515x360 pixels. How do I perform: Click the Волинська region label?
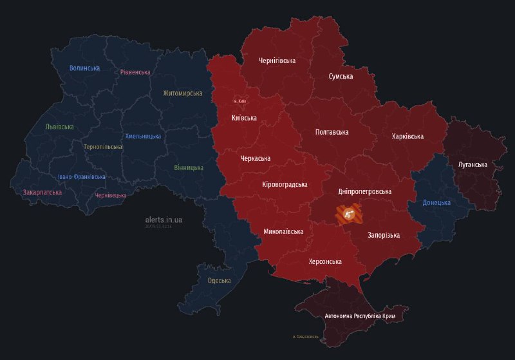(85, 68)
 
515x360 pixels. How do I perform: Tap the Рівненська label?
(135, 72)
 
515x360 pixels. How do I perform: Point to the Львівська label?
(59, 127)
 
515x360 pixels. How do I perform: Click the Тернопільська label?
(102, 147)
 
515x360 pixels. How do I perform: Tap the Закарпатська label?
(42, 192)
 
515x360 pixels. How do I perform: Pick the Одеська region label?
(220, 281)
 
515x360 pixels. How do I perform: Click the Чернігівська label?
(277, 61)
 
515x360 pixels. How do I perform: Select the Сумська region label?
(341, 77)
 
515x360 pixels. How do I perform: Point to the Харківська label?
(407, 137)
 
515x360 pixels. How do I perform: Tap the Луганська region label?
(473, 164)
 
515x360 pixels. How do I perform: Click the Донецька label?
(437, 203)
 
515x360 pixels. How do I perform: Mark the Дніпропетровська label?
(364, 191)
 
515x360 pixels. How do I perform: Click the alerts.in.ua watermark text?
(164, 220)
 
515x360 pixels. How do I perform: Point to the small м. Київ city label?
(239, 101)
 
